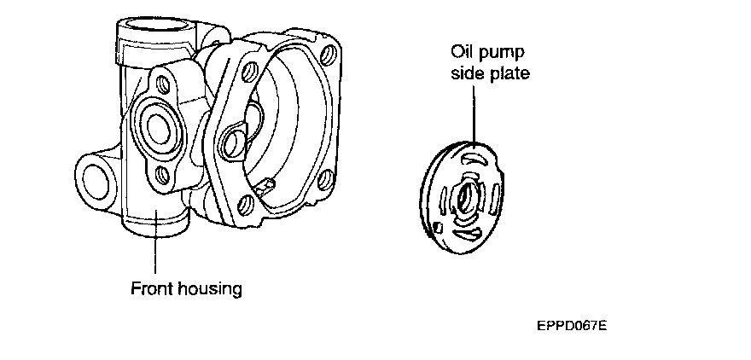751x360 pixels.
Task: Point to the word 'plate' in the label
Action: click(x=509, y=73)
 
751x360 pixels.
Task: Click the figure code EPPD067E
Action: click(x=572, y=325)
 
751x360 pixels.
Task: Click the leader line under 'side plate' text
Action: click(x=472, y=111)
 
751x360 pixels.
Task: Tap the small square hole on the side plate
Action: click(x=437, y=227)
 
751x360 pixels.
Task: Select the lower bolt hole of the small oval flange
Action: click(x=161, y=175)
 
